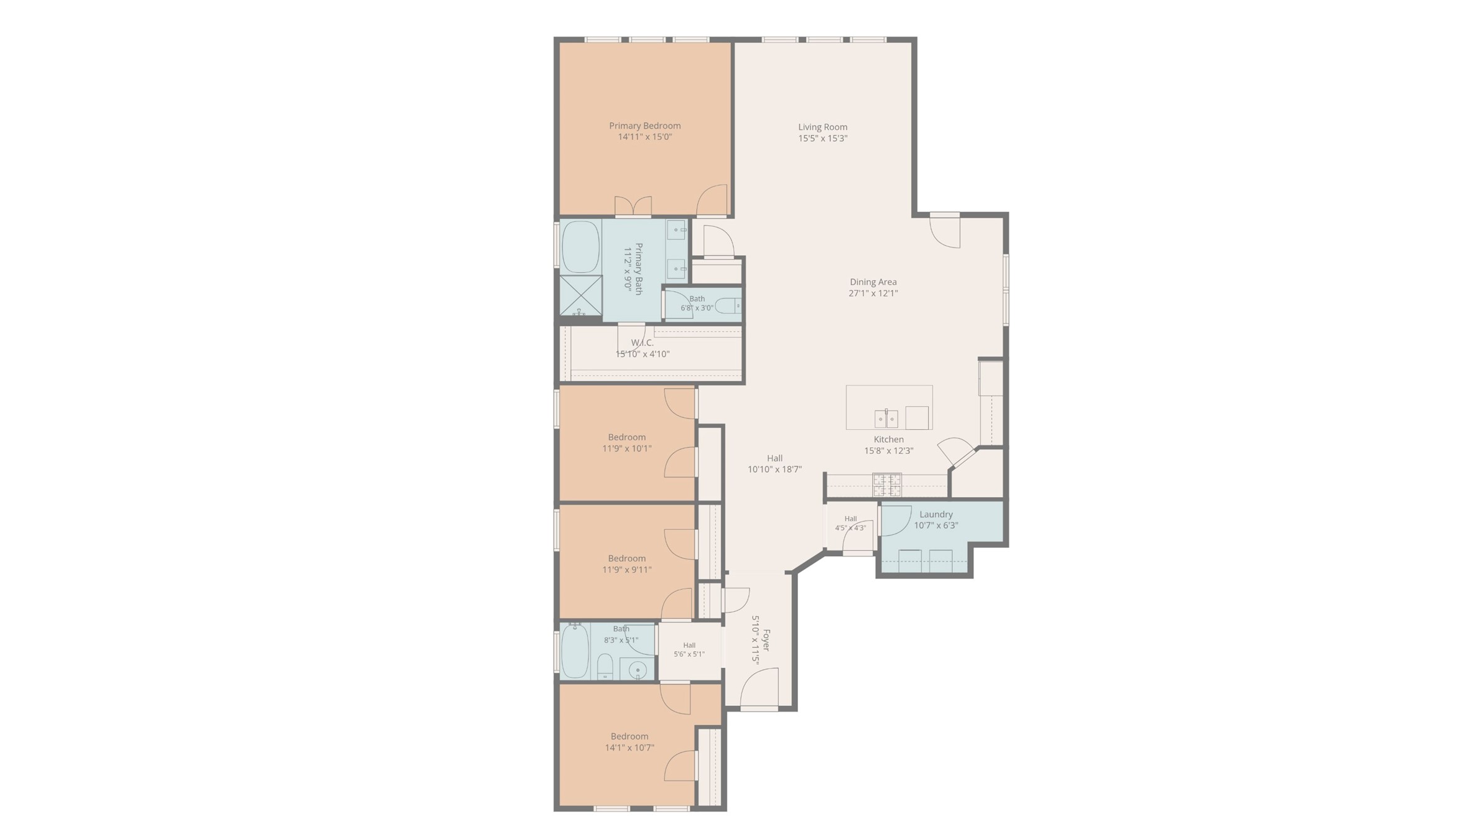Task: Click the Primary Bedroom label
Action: tap(644, 126)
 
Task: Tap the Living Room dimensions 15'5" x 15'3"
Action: tap(822, 138)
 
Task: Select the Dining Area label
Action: tap(873, 282)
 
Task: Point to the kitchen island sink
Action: tap(886, 419)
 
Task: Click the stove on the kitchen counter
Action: tap(887, 485)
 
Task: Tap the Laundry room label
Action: tap(935, 514)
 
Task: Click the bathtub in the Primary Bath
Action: tap(581, 247)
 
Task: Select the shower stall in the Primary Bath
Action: tap(581, 296)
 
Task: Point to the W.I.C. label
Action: tap(642, 343)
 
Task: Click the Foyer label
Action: tap(766, 640)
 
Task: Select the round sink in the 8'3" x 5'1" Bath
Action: tap(637, 670)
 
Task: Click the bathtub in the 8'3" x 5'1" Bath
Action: tap(575, 651)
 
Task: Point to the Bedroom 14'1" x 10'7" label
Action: tap(629, 736)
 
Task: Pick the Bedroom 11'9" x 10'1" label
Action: tap(627, 437)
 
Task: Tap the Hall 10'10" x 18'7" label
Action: tap(774, 458)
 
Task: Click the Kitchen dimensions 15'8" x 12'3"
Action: tap(888, 451)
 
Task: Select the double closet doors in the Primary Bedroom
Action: tap(633, 206)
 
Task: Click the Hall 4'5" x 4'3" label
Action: tap(850, 519)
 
